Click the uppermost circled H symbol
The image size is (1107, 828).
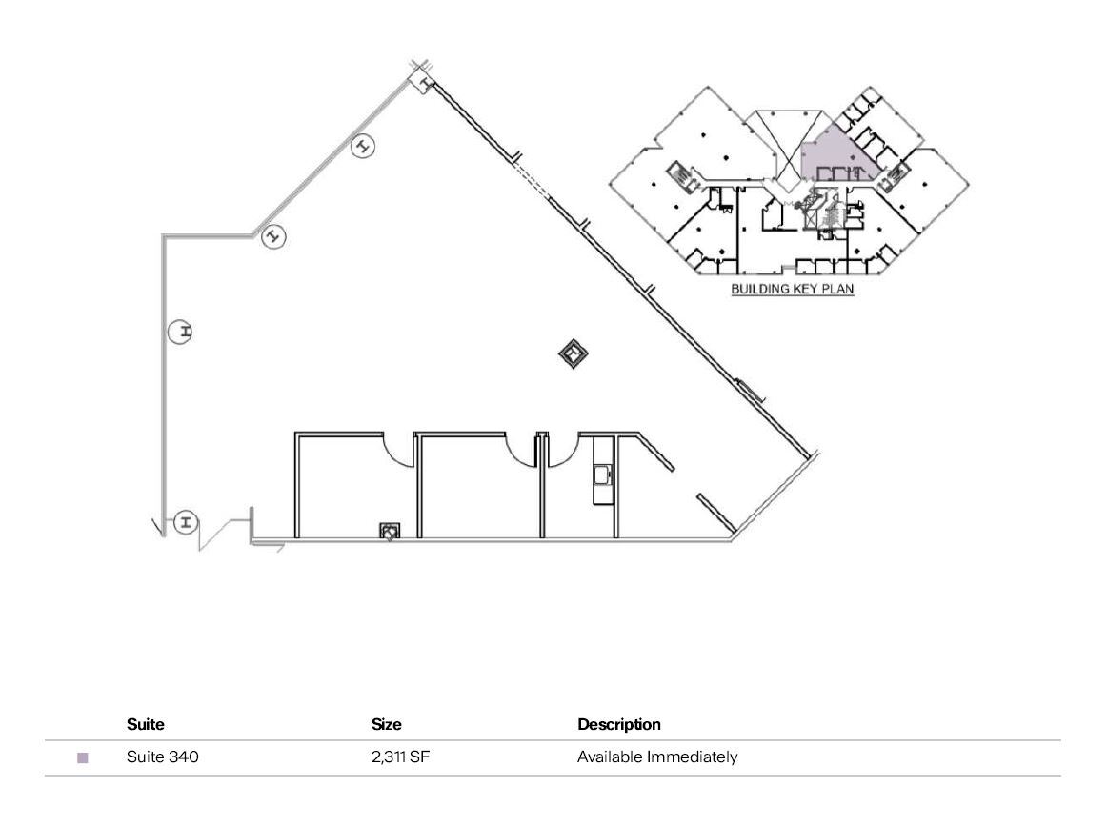pyautogui.click(x=363, y=147)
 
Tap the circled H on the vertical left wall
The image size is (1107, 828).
pyautogui.click(x=180, y=332)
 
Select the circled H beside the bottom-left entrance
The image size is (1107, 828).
pyautogui.click(x=186, y=521)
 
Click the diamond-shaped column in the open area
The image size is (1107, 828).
pyautogui.click(x=573, y=355)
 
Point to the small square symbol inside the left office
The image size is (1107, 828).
pyautogui.click(x=390, y=531)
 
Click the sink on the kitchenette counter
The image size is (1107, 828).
pyautogui.click(x=600, y=474)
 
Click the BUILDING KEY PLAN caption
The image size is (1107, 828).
pyautogui.click(x=792, y=289)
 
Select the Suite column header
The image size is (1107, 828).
pyautogui.click(x=145, y=724)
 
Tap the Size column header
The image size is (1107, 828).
pyautogui.click(x=386, y=724)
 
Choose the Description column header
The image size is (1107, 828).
pyautogui.click(x=618, y=724)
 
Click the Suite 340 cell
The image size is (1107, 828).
pyautogui.click(x=162, y=757)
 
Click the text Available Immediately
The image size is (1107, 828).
pyautogui.click(x=656, y=757)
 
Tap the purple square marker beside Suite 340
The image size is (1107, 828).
pyautogui.click(x=83, y=758)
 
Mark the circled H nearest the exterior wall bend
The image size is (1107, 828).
pyautogui.click(x=273, y=234)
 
